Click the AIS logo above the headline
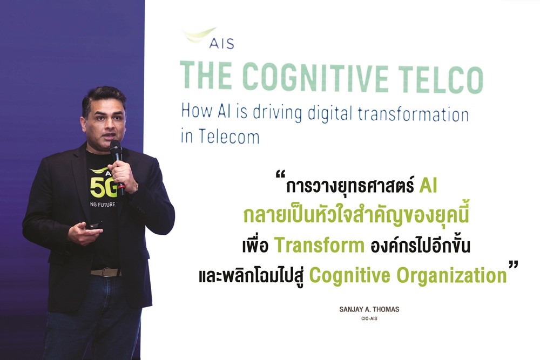[208, 38]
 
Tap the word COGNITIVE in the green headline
[315, 77]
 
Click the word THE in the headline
[206, 76]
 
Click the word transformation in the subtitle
[413, 114]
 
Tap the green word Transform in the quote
[319, 246]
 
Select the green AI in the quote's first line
[428, 186]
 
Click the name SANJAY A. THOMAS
[369, 309]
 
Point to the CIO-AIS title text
[369, 318]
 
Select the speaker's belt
[105, 272]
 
